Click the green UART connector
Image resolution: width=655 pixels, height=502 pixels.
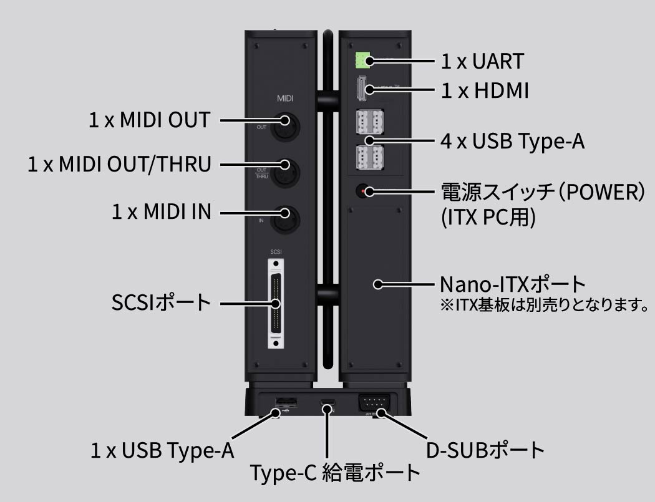(x=362, y=60)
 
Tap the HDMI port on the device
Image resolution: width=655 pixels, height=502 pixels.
(x=362, y=89)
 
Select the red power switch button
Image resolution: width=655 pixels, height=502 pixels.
(x=363, y=191)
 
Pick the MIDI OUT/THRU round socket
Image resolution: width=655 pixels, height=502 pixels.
(x=285, y=173)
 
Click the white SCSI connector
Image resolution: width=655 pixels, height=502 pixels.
(x=276, y=304)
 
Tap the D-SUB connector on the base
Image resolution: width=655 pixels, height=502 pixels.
(x=374, y=403)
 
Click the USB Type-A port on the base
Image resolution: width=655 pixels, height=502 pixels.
(x=286, y=402)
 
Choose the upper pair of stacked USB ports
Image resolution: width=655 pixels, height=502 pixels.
(x=370, y=122)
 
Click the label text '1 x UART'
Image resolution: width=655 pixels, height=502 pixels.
(x=482, y=61)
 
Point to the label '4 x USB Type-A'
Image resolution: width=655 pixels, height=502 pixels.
(x=513, y=141)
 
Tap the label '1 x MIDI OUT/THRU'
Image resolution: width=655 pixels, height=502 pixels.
(x=120, y=164)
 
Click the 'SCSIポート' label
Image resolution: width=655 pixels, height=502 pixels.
(x=161, y=302)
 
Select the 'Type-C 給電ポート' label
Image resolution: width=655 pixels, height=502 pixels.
(x=335, y=473)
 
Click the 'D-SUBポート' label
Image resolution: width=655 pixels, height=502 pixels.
(x=485, y=450)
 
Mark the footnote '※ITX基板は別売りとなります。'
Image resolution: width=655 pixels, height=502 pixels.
(x=545, y=305)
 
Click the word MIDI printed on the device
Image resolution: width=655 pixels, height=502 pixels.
(x=285, y=99)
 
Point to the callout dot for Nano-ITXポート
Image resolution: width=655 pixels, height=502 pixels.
(x=378, y=284)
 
